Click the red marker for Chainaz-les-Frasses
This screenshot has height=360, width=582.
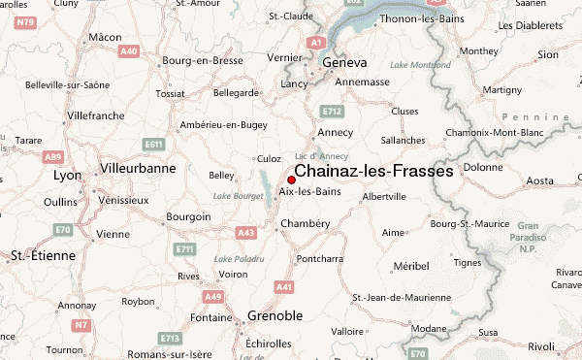[x=291, y=179]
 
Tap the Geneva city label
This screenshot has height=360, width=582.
[x=344, y=62]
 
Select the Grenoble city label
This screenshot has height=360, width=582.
[x=275, y=316]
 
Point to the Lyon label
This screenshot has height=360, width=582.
[x=67, y=176]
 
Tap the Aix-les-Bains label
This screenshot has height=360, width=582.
[x=308, y=191]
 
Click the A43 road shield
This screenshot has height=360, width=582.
[x=245, y=233]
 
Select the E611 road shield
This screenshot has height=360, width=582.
[x=153, y=145]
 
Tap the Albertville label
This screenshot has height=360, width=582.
[x=383, y=196]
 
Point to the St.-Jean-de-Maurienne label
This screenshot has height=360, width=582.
[x=399, y=297]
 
